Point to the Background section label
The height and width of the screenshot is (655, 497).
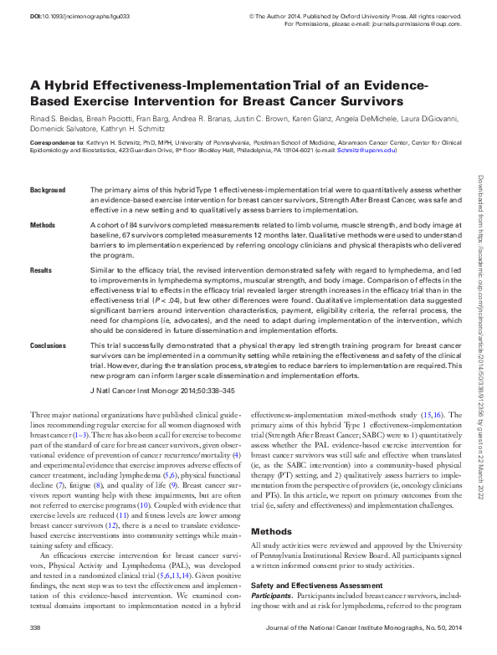[x=48, y=191]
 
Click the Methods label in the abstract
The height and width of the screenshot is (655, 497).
[x=43, y=226]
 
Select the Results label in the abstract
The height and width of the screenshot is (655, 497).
[x=41, y=271]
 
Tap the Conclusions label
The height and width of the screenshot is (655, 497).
[x=49, y=345]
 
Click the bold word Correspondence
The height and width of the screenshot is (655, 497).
[x=56, y=144]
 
